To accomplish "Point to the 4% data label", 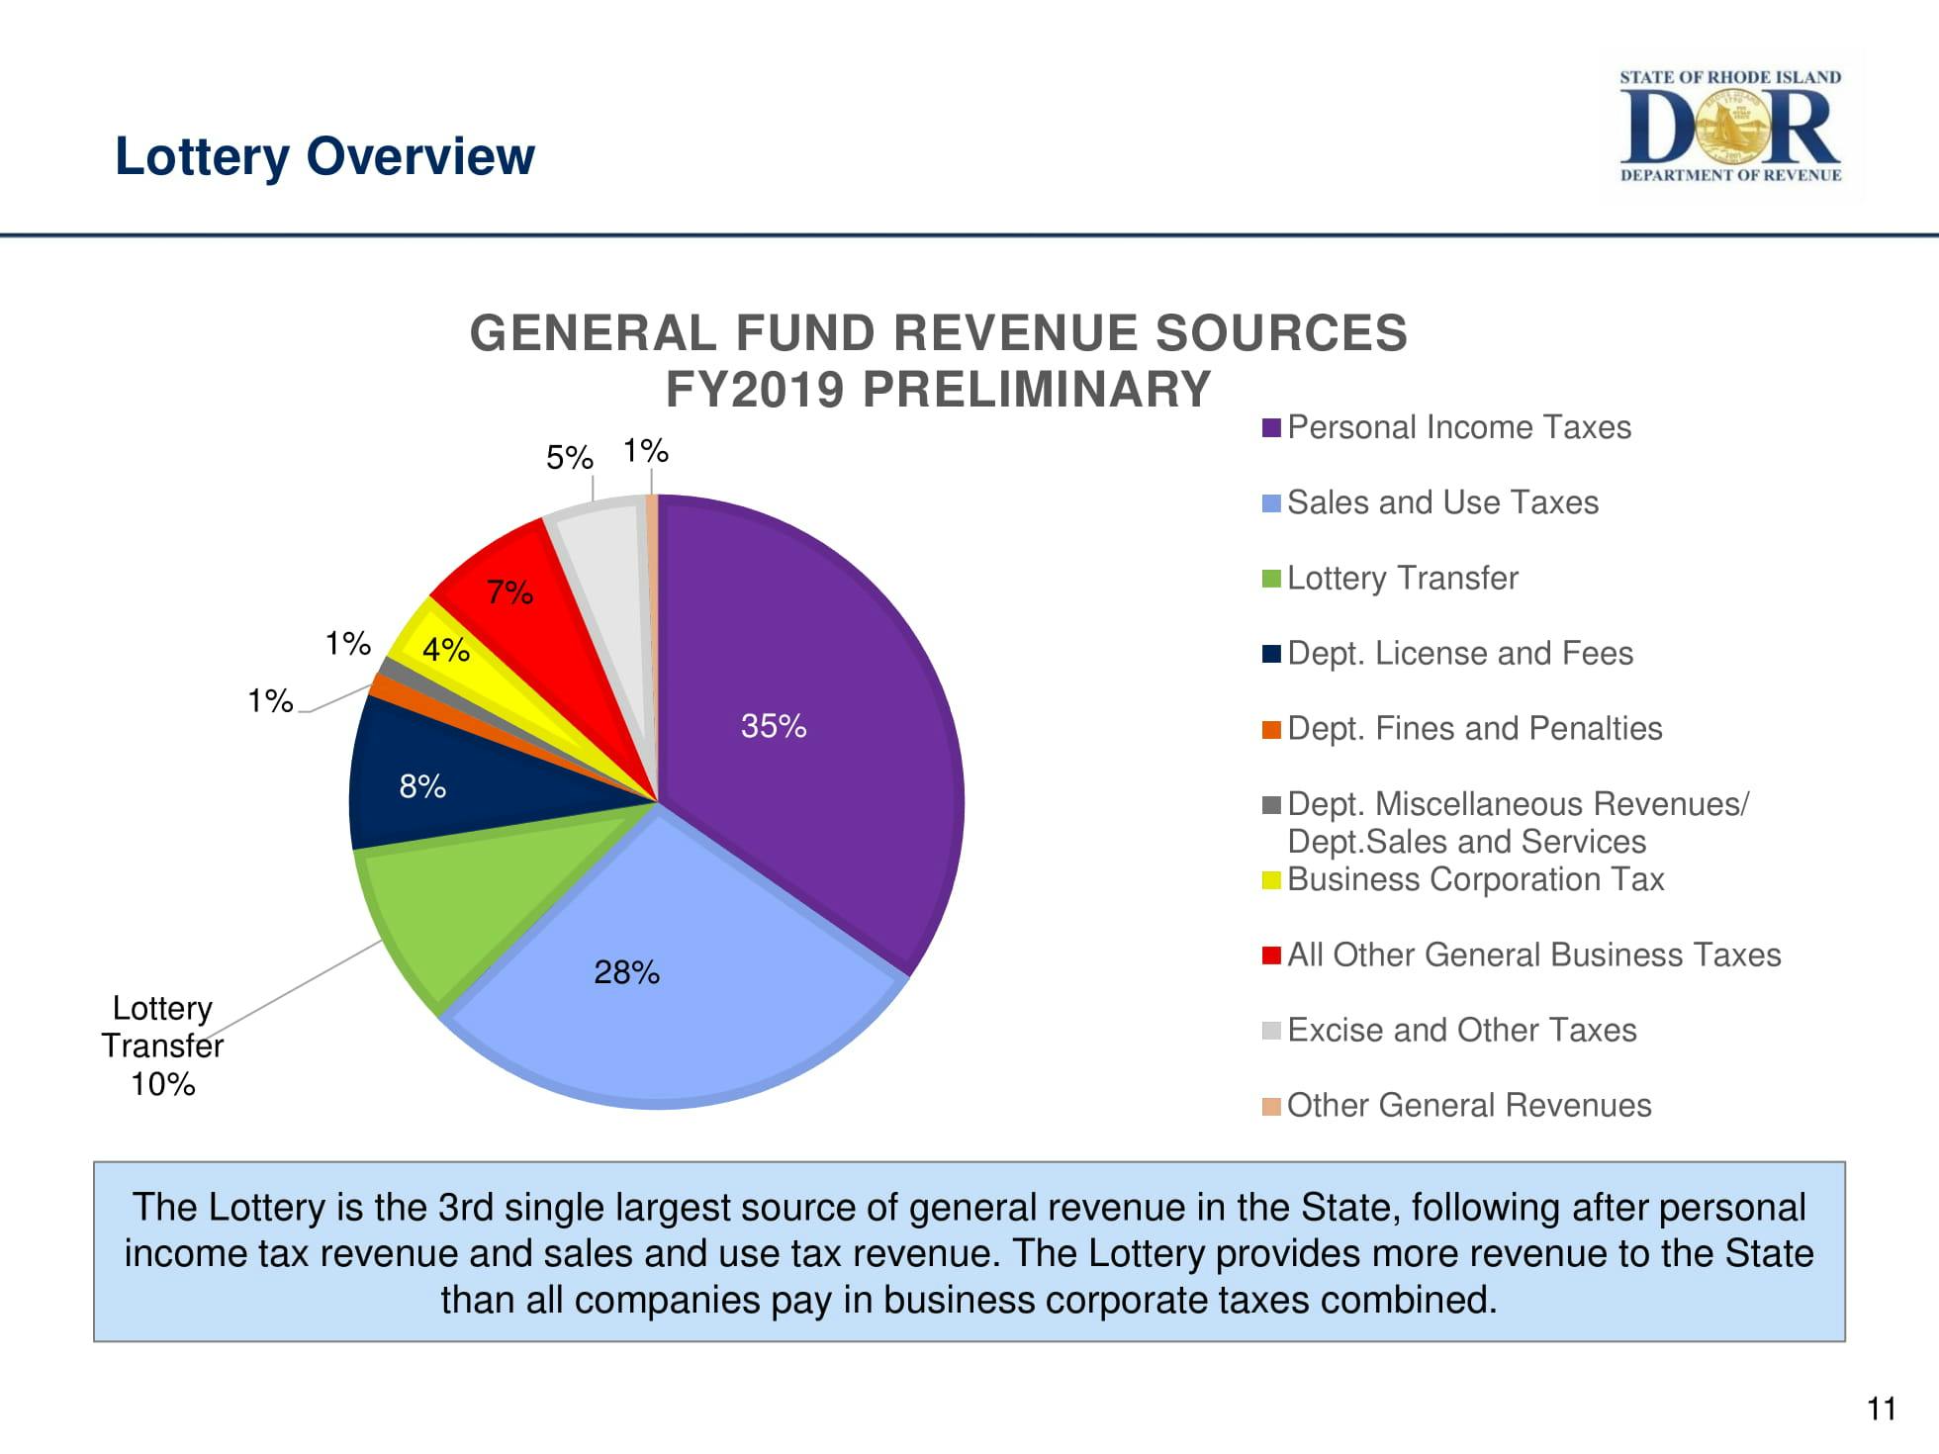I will [445, 650].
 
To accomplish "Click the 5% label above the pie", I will [569, 457].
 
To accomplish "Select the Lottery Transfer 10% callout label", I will [162, 1045].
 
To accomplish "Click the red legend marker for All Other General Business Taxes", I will [1271, 954].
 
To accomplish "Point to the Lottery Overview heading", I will [324, 156].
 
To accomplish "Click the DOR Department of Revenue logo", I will [1730, 127].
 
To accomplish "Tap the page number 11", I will [1881, 1408].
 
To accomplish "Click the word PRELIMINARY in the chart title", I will [1036, 389].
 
